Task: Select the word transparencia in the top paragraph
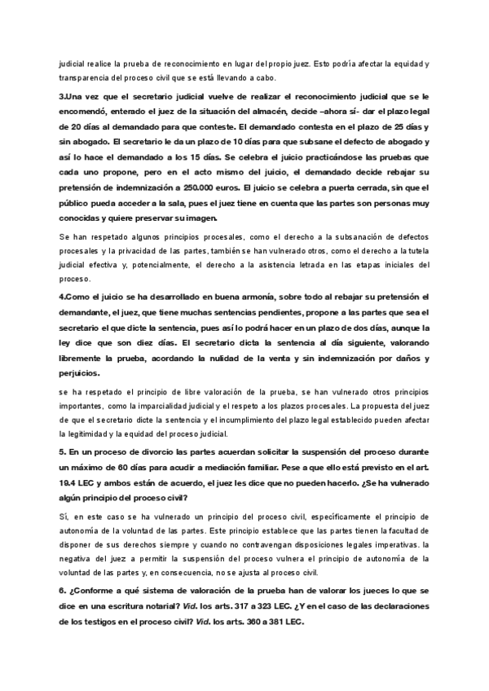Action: (x=83, y=77)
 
